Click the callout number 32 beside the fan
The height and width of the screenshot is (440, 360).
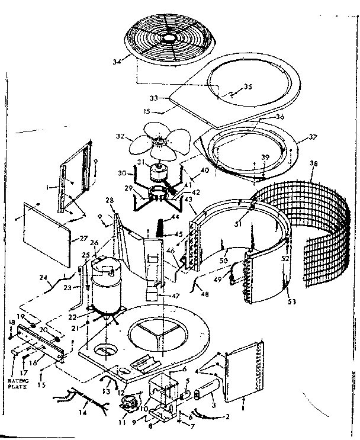coord(121,136)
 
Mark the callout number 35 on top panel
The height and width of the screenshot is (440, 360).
coord(247,86)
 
